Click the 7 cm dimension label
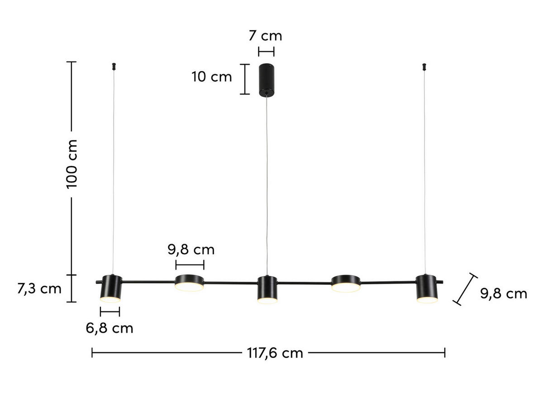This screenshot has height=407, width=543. click(265, 36)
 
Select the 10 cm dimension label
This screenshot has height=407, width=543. click(212, 77)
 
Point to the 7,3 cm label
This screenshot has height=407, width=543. click(39, 289)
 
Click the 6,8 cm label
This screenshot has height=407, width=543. click(110, 328)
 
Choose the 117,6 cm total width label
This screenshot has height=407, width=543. click(275, 353)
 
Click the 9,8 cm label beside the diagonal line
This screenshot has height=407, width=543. click(503, 293)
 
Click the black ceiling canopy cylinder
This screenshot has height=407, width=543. click(266, 80)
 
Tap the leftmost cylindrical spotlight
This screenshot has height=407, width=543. click(111, 288)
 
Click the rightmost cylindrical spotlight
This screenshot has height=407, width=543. click(427, 288)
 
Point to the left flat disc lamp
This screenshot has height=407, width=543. click(189, 282)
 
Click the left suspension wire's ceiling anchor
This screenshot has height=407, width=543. click(113, 66)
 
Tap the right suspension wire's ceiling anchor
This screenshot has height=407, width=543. click(424, 66)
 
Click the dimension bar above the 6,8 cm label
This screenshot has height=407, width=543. click(110, 311)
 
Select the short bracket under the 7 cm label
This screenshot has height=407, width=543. click(266, 51)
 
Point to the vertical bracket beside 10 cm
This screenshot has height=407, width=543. click(244, 79)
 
